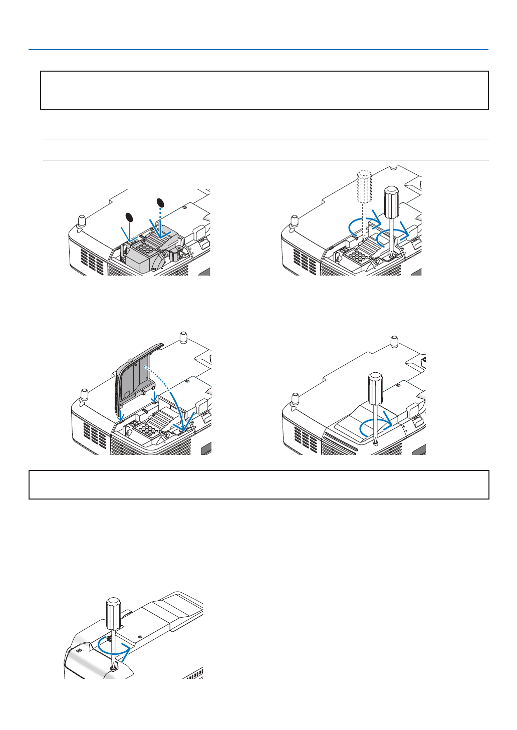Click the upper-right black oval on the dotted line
(160, 203)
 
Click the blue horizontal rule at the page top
(258, 50)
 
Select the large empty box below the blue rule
(264, 90)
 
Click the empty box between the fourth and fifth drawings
(258, 484)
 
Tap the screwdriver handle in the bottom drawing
(113, 613)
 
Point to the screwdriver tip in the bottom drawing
(115, 666)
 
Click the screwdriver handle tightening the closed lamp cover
(375, 387)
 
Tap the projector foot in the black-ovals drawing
(82, 220)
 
